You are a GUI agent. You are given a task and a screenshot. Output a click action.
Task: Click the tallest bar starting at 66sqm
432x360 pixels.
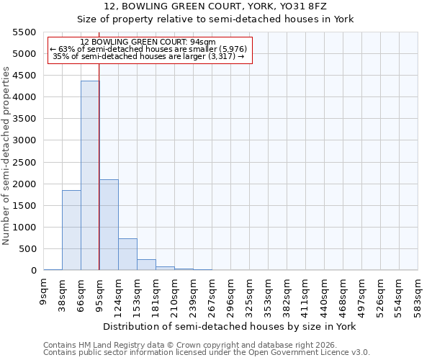click(90, 176)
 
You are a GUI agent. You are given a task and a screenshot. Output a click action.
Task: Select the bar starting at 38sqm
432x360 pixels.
click(71, 230)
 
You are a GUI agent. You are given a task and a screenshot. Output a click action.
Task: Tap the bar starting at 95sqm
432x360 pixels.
click(109, 225)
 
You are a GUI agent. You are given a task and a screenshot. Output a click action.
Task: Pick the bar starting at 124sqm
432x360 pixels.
click(127, 254)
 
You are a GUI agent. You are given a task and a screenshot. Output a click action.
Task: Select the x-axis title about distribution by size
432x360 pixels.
click(230, 326)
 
